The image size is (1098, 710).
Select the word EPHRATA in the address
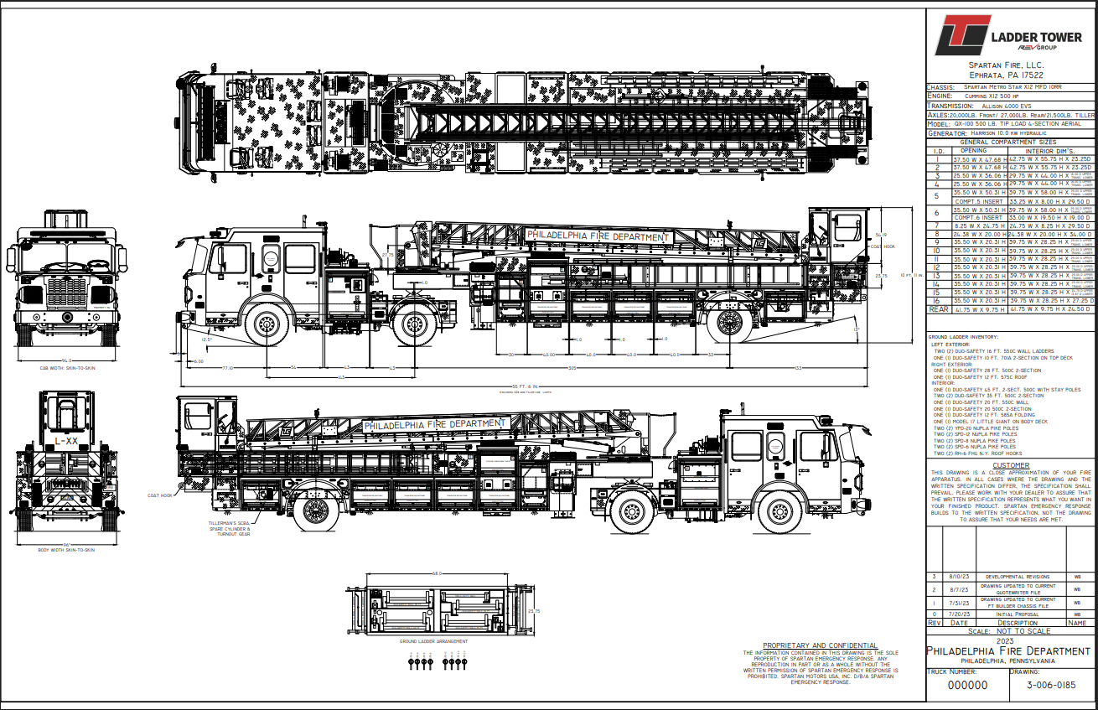tap(981, 75)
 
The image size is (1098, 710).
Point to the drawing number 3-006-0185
tap(1053, 685)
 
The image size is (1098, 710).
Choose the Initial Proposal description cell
tap(1018, 614)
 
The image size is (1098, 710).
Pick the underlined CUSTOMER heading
tap(1010, 465)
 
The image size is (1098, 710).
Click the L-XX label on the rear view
tap(67, 440)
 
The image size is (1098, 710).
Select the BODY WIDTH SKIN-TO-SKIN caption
tap(66, 550)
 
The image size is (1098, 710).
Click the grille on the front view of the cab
tap(66, 294)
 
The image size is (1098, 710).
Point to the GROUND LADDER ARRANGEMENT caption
tap(433, 640)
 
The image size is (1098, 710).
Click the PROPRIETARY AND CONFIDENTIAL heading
tap(819, 645)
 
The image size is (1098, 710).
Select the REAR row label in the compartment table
tap(939, 308)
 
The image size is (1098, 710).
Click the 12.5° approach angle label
tap(207, 339)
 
